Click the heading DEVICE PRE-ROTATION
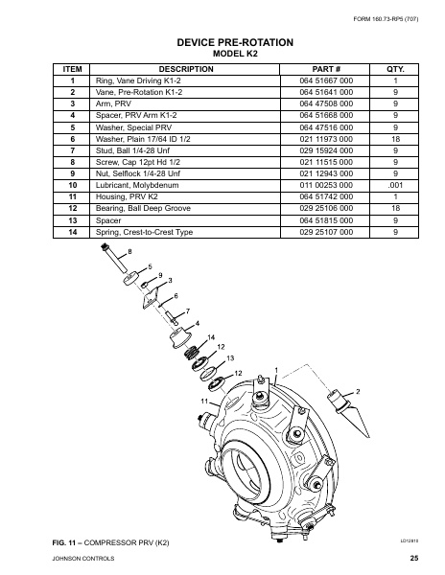tap(222, 42)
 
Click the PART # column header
tap(315, 70)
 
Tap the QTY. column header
tap(395, 70)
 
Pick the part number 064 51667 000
tap(315, 82)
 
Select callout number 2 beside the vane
tap(358, 391)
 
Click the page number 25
tap(413, 558)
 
